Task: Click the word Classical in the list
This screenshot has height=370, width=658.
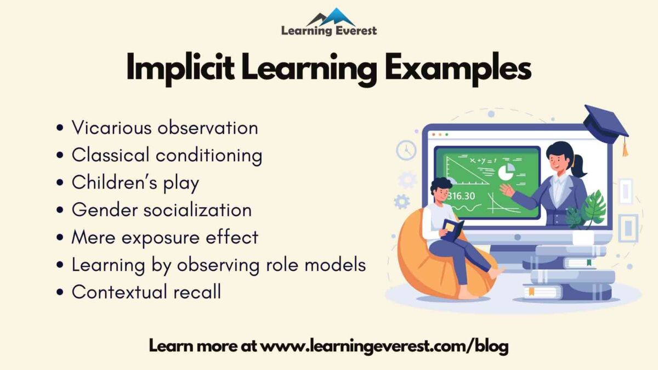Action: click(x=110, y=155)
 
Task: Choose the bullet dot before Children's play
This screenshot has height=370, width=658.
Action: click(x=60, y=184)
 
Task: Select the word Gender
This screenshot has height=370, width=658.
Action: click(x=104, y=210)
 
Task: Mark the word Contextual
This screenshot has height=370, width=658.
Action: click(x=118, y=292)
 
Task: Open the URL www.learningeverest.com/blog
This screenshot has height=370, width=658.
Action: click(x=384, y=346)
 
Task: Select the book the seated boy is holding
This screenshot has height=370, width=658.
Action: click(x=452, y=229)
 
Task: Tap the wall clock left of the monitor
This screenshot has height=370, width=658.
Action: click(x=406, y=150)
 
